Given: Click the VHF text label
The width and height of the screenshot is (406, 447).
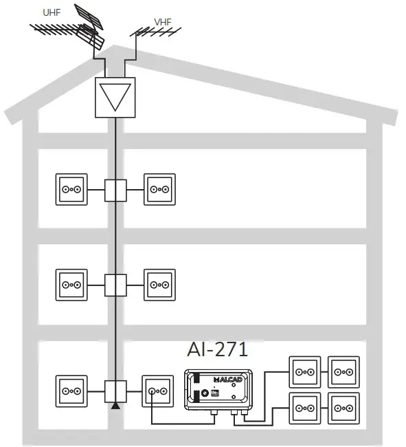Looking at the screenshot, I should point(163,22).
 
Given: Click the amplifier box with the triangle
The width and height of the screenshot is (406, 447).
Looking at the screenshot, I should point(115,96).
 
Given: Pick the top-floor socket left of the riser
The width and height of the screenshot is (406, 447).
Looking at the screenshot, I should point(71,189).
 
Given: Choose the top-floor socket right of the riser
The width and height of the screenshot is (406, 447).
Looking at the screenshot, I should point(159,189).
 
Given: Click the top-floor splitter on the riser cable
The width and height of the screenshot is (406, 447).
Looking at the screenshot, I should point(115,190).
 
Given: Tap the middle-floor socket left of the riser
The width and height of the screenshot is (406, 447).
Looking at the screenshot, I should point(71,284).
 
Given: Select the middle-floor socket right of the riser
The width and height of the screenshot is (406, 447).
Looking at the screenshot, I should point(159,284).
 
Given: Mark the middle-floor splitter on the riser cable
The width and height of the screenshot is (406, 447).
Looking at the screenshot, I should point(115,285).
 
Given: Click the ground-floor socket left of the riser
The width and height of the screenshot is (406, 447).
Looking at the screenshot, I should point(71,391).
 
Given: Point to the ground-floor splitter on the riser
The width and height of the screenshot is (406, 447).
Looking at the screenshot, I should point(115,391).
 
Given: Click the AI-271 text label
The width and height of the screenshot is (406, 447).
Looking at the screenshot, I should point(217,350).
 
